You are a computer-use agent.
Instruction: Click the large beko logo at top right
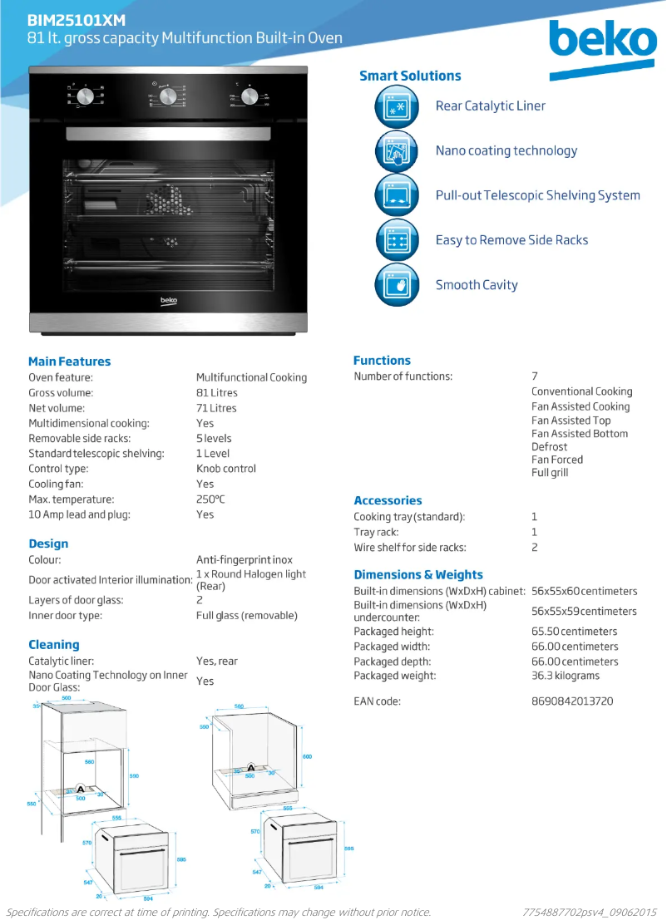pos(602,43)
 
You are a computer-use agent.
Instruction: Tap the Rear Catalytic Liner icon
pos(396,106)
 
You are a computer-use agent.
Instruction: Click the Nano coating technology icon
pos(396,151)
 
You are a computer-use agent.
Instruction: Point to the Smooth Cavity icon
pos(396,285)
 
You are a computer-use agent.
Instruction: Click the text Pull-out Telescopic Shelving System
pos(537,195)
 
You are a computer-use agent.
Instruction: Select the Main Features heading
pos(69,362)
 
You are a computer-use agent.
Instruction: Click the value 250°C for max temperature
pos(210,499)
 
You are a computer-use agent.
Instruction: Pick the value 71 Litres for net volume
pos(216,408)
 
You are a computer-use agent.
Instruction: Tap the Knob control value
pos(226,469)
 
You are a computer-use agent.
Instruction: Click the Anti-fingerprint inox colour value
pos(245,560)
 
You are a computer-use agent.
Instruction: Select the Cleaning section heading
pos(54,645)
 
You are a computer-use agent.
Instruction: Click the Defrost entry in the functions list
pos(549,446)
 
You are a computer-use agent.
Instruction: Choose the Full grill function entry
pos(550,473)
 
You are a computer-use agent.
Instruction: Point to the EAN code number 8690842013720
pos(572,701)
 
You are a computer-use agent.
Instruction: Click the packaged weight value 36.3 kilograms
pos(566,676)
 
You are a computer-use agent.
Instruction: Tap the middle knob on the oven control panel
pos(168,97)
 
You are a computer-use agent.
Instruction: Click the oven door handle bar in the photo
pos(168,134)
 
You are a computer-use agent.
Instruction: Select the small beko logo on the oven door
pos(168,300)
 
